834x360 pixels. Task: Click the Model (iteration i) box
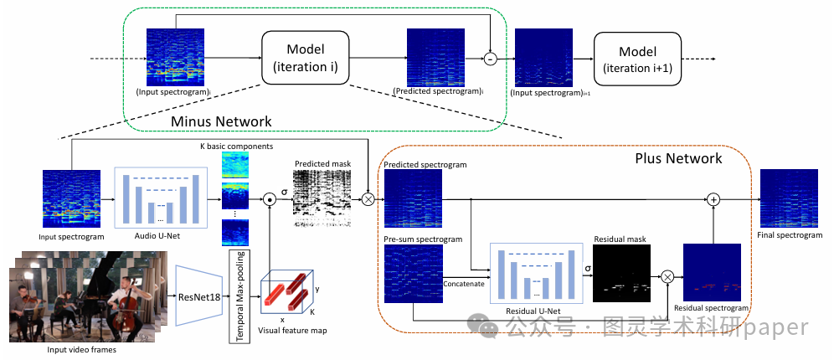[x=305, y=59]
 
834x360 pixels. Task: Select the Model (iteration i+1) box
[x=638, y=59]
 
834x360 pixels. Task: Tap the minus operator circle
[x=492, y=59]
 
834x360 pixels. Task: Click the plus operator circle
[x=713, y=199]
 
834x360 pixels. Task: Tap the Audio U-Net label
[x=159, y=237]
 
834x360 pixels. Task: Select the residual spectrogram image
[x=713, y=274]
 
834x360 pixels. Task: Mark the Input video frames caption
[x=82, y=349]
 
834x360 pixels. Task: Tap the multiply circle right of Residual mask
[x=667, y=275]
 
